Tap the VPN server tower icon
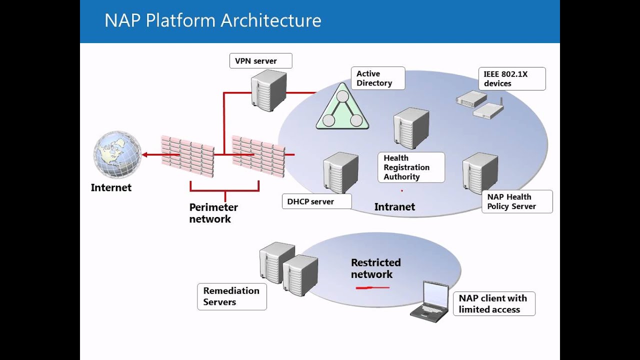(x=268, y=90)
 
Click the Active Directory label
(x=377, y=78)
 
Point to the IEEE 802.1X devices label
(x=511, y=79)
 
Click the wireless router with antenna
(x=488, y=111)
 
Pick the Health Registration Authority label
(x=411, y=167)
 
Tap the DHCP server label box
(x=316, y=201)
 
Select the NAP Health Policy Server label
(x=516, y=201)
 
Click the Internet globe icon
(x=117, y=154)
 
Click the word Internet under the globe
(x=111, y=188)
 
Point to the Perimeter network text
(x=213, y=213)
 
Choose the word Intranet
(x=394, y=207)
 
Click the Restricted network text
(x=375, y=268)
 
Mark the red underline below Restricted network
(x=372, y=288)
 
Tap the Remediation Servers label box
(x=231, y=296)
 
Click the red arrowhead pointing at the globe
(x=144, y=155)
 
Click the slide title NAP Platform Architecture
(x=212, y=21)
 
